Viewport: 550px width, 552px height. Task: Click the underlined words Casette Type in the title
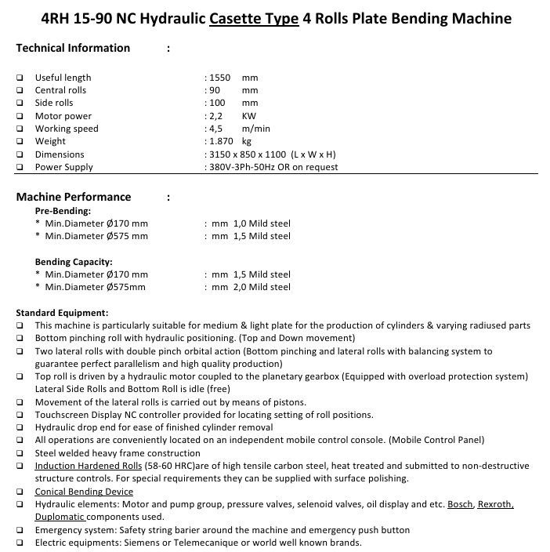255,18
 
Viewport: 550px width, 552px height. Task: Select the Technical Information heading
73,48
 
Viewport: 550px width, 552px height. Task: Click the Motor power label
63,116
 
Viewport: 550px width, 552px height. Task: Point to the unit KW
249,116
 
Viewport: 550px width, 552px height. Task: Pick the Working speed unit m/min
256,129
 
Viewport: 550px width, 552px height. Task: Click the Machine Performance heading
74,197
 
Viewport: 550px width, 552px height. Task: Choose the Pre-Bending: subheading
63,211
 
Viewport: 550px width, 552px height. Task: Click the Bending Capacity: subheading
74,261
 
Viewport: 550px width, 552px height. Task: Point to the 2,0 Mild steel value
262,287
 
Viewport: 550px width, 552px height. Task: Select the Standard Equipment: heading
62,313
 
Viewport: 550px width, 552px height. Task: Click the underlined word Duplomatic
60,517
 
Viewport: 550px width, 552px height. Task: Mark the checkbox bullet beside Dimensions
20,154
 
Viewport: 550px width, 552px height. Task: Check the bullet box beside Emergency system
20,530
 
